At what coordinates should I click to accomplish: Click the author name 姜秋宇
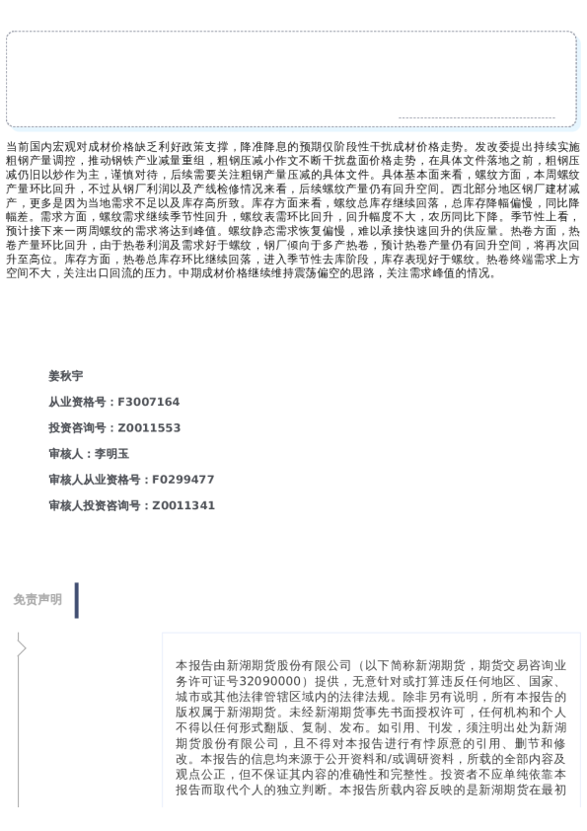65,376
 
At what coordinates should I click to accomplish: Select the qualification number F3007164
149,402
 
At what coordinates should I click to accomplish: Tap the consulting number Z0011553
149,427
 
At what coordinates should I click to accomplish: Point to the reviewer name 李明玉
111,454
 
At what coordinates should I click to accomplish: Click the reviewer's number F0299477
183,480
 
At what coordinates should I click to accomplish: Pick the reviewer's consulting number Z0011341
183,505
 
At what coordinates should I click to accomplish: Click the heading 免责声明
37,599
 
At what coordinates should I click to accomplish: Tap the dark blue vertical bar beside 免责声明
76,600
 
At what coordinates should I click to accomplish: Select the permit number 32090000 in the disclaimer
268,681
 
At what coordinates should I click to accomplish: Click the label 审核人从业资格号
96,480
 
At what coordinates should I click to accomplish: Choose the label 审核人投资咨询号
96,505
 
